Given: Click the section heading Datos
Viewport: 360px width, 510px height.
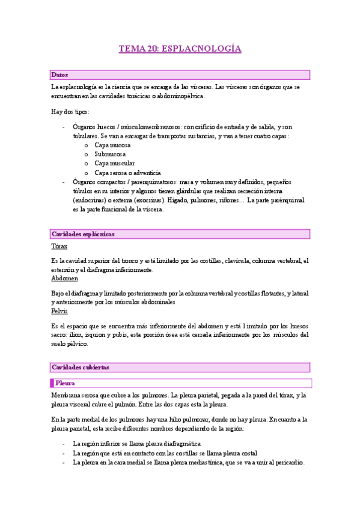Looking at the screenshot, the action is click(x=60, y=75).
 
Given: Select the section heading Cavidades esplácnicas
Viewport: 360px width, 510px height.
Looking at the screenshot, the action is click(x=83, y=234).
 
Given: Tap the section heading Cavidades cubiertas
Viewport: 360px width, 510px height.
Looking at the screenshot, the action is click(x=80, y=367).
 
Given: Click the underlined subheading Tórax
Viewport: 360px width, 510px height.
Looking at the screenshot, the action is click(x=59, y=247).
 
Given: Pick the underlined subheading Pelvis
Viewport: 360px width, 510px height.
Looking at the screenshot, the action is click(x=60, y=311).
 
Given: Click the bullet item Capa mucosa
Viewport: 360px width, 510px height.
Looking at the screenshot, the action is click(x=112, y=146).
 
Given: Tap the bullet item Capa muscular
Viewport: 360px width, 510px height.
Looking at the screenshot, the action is click(x=114, y=163).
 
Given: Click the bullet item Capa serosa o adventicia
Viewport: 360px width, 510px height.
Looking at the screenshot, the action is click(x=129, y=173).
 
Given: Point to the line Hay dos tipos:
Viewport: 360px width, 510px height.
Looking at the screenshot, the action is click(x=70, y=112).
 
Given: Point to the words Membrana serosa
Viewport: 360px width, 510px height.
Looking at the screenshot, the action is click(x=78, y=396).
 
